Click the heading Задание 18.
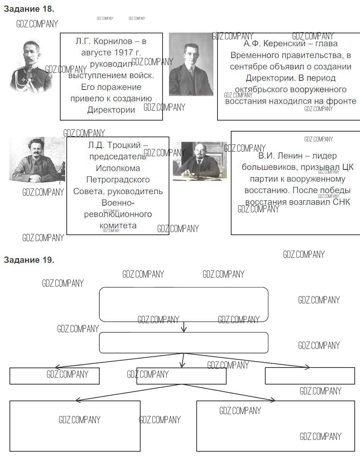click(29, 9)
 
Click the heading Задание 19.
click(29, 260)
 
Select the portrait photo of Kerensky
click(191, 64)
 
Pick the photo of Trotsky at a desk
click(37, 160)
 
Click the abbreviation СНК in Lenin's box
click(341, 202)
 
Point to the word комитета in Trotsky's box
click(118, 226)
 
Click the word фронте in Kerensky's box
click(343, 101)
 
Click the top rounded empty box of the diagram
click(183, 304)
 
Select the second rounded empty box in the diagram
click(183, 342)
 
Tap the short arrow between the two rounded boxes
click(184, 327)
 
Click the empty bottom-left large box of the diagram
click(75, 426)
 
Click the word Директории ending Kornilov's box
click(111, 110)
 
